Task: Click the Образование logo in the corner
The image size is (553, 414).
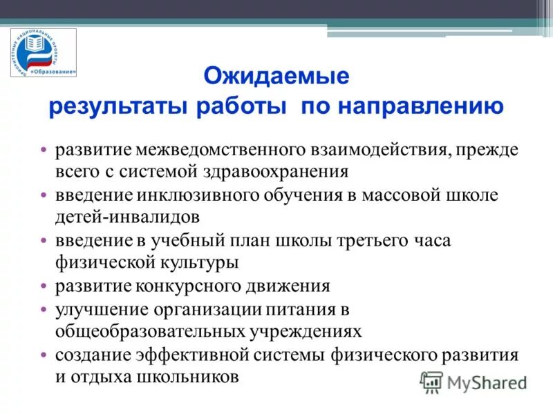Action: click(x=44, y=55)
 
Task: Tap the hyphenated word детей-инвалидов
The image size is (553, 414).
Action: click(x=128, y=216)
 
